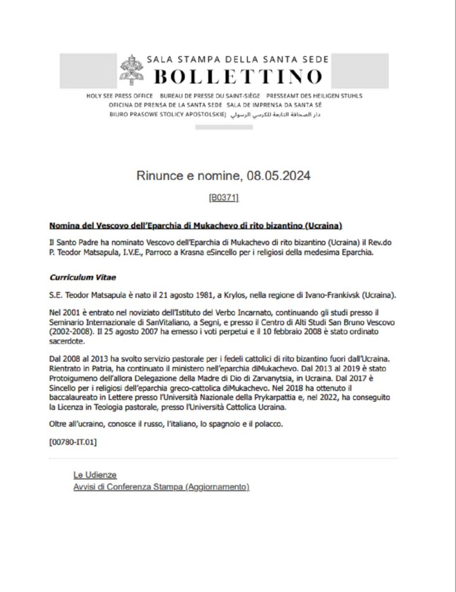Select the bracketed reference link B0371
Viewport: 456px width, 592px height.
[223, 198]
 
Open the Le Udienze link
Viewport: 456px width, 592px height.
[95, 475]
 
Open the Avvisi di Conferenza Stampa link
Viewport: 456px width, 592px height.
[161, 487]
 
